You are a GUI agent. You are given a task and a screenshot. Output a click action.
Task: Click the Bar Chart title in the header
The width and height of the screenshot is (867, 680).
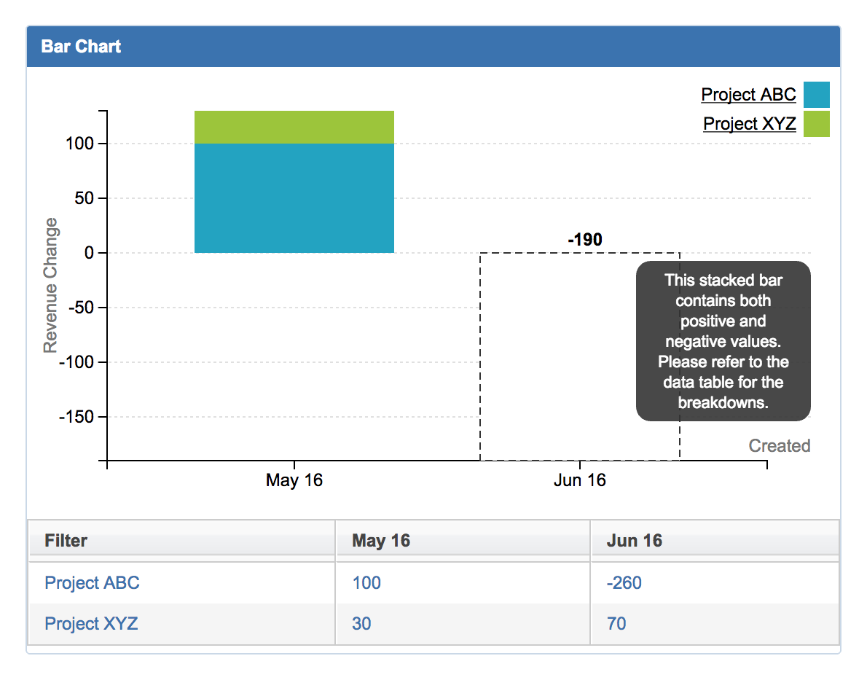click(x=81, y=47)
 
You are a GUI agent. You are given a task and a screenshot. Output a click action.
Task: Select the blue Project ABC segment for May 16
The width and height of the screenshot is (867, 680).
click(x=294, y=198)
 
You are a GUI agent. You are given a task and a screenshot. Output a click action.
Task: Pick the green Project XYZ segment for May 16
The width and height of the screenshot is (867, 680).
click(x=294, y=127)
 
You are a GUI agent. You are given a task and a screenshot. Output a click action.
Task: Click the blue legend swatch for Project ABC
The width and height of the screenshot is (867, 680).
click(x=816, y=95)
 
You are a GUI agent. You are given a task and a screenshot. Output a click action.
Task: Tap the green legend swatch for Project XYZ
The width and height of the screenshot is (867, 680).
click(x=816, y=124)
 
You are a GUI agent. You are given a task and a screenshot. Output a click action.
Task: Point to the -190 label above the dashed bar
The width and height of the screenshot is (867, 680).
click(x=584, y=240)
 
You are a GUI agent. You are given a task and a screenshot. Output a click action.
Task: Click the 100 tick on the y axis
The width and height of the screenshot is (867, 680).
click(x=79, y=144)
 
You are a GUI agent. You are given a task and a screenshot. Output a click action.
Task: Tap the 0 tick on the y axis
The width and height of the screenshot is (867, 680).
click(x=89, y=253)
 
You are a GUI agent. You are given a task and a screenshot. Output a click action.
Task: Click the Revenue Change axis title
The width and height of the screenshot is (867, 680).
click(x=50, y=285)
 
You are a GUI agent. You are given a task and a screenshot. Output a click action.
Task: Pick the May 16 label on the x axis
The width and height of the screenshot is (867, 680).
click(x=294, y=480)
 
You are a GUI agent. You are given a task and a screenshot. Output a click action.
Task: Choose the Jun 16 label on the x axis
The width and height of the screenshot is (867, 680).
click(x=579, y=480)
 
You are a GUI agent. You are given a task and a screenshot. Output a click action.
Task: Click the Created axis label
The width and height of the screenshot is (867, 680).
click(x=779, y=446)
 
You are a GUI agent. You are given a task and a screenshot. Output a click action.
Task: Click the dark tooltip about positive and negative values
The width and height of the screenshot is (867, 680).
click(x=723, y=341)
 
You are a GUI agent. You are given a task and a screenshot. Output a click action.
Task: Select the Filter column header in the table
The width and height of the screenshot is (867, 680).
click(x=66, y=541)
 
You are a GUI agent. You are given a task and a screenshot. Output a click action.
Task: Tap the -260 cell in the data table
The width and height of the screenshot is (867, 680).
click(x=624, y=583)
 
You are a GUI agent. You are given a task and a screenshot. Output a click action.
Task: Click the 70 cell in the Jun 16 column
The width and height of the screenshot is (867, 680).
click(x=616, y=624)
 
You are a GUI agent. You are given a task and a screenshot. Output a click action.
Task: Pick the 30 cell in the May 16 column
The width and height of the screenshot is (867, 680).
click(x=361, y=624)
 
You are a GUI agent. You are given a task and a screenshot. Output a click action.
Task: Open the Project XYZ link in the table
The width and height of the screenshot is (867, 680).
click(x=91, y=624)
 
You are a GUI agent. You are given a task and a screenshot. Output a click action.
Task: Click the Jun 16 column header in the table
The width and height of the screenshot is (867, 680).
click(x=634, y=541)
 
